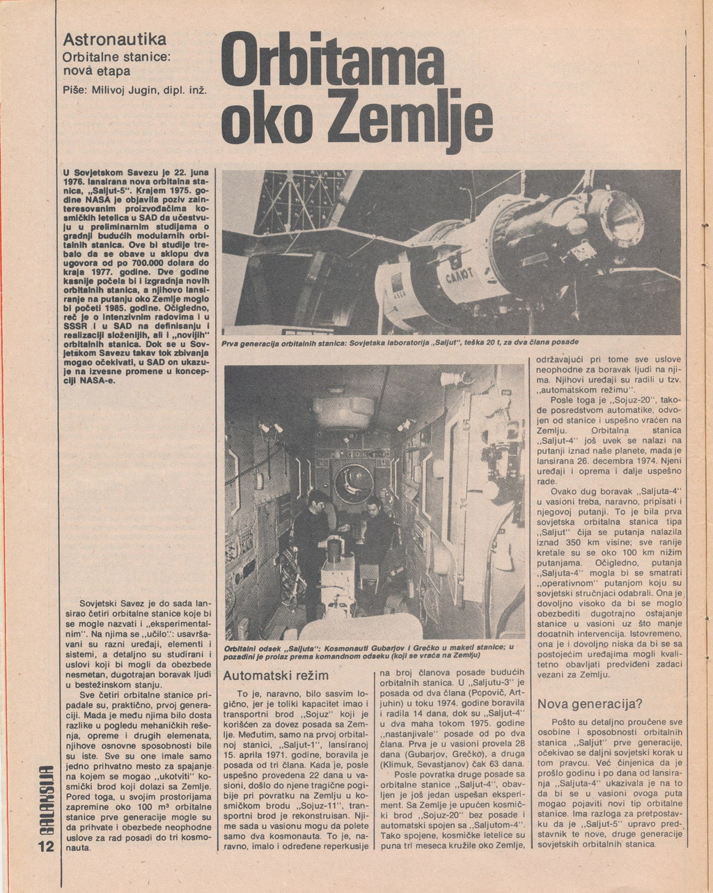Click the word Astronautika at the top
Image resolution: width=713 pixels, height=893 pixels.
click(x=114, y=39)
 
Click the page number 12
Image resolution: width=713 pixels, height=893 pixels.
click(x=45, y=847)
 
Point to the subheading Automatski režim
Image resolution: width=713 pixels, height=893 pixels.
click(x=275, y=676)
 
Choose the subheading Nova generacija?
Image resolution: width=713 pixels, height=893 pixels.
click(x=590, y=704)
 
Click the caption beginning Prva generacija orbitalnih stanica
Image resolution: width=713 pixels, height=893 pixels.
click(x=400, y=343)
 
